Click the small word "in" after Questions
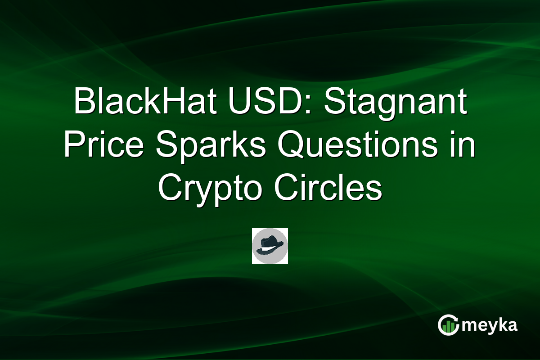(463, 146)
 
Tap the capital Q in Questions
(292, 146)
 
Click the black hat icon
(270, 246)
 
